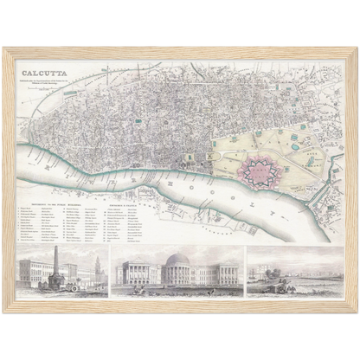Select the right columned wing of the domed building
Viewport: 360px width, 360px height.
point(216,274)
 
